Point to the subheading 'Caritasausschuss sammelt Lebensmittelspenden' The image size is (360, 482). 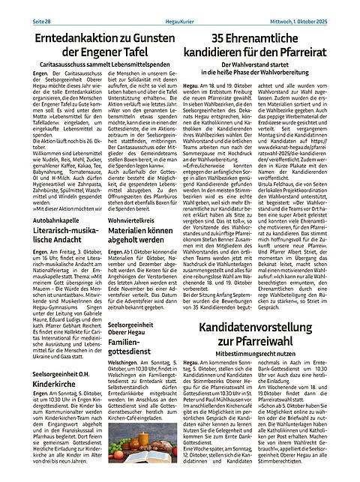click(95, 65)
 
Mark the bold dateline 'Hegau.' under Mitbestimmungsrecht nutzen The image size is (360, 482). click(190, 362)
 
